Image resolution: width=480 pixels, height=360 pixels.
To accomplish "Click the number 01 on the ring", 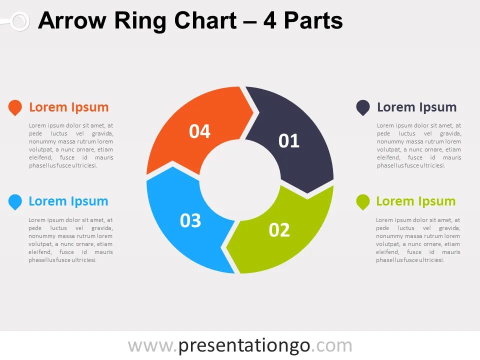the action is (x=289, y=141).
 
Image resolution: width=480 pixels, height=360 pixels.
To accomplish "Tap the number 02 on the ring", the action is (x=279, y=230).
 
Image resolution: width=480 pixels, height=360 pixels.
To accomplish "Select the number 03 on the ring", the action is (x=190, y=220).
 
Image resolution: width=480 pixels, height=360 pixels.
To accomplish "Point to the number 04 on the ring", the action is (x=199, y=131).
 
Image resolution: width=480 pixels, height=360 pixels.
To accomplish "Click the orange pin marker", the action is (x=15, y=107).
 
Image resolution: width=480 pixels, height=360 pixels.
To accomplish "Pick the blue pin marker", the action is (x=15, y=201).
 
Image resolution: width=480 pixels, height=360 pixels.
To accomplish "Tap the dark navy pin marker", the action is (x=363, y=107).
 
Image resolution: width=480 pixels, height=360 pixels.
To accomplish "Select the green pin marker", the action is (x=362, y=201).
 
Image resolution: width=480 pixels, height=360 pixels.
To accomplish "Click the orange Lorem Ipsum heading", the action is (x=68, y=107).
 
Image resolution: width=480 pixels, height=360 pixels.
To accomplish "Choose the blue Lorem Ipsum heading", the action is (x=68, y=201).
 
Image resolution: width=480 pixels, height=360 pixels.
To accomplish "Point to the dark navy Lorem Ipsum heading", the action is (x=416, y=107).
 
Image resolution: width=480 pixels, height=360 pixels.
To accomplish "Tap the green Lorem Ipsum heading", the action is (x=415, y=201).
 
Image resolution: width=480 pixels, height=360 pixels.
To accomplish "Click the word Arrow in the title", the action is (x=72, y=21).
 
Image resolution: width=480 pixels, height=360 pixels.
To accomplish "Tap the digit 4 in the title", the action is (x=270, y=21).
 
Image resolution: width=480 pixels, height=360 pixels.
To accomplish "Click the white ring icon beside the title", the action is (x=19, y=21).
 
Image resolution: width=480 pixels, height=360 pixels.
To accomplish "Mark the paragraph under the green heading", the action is (x=418, y=240).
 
